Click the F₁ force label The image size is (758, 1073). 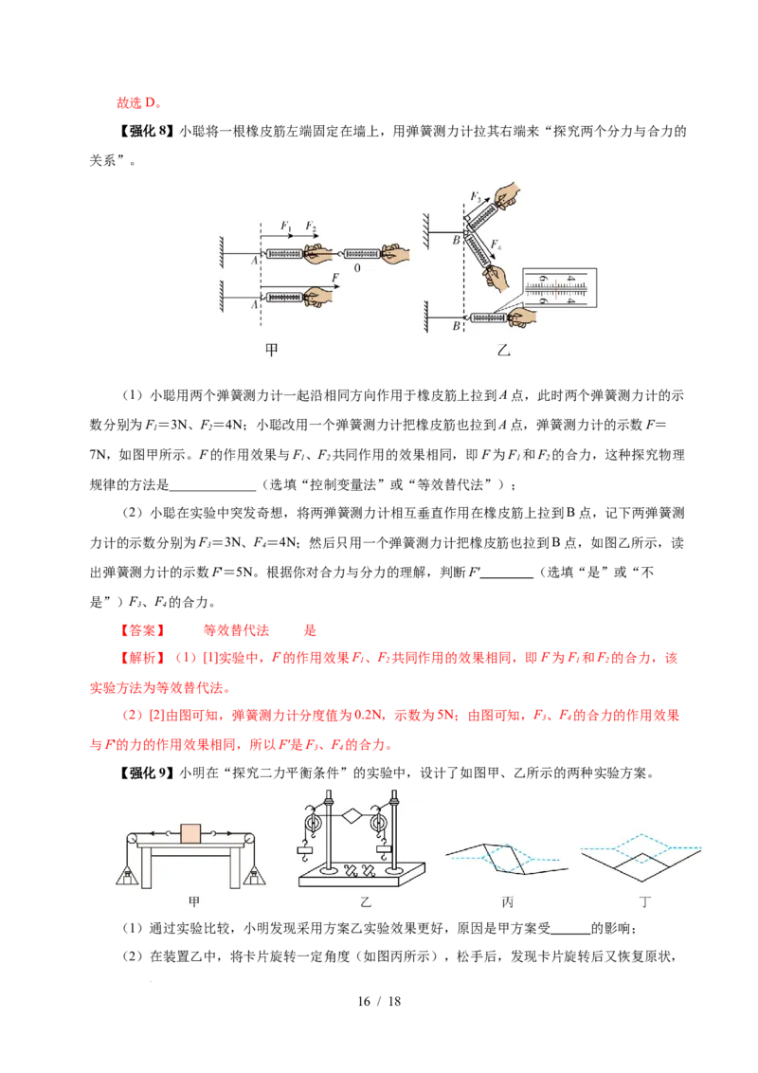coord(286,226)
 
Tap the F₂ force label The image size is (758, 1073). coord(311,226)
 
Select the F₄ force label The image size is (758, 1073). coord(496,245)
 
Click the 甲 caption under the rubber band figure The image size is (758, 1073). coord(272,350)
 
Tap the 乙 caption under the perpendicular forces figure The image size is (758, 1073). coord(503,351)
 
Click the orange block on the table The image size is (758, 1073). coord(190,834)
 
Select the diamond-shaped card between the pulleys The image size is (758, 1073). coord(352,816)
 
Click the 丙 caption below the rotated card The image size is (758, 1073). coord(507,902)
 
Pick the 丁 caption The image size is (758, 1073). coord(643,902)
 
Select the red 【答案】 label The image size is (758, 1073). coord(142,630)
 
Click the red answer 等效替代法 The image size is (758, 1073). coord(236,630)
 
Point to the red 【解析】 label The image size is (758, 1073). coord(142,658)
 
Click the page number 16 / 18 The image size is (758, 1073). coord(379,1001)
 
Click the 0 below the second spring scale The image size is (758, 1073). coord(357,268)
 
